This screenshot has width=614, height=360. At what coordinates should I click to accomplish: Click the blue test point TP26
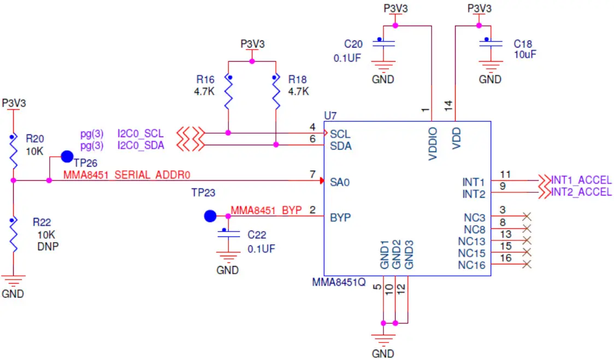[67, 157]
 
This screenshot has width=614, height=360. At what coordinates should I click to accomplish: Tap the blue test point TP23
[210, 216]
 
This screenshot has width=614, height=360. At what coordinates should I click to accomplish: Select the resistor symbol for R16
[228, 93]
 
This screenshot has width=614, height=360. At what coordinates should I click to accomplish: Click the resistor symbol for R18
[276, 93]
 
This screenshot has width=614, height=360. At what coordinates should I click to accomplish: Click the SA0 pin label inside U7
[340, 182]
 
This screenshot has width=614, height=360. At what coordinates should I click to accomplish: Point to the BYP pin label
[340, 217]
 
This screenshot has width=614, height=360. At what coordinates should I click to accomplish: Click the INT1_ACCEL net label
[581, 180]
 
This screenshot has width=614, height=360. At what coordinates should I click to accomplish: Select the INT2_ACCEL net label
[581, 192]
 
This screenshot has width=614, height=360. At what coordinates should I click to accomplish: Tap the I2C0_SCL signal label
[140, 133]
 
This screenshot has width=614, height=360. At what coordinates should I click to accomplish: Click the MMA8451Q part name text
[338, 283]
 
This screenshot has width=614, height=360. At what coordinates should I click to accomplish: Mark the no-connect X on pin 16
[527, 264]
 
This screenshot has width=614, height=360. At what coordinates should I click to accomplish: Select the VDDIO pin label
[433, 144]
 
